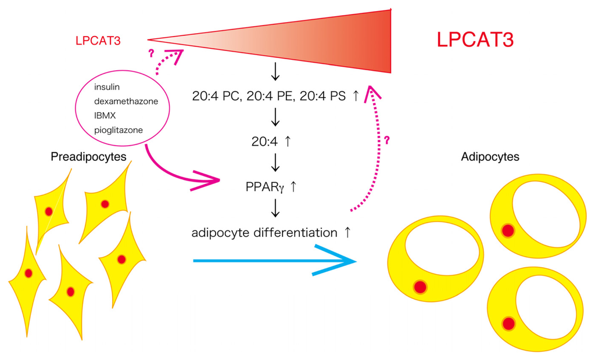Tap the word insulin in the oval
tap(107, 88)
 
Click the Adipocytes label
tap(490, 157)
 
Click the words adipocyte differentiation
tap(264, 233)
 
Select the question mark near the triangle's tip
tap(152, 53)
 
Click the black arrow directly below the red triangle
tap(275, 73)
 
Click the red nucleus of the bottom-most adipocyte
tap(509, 323)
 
